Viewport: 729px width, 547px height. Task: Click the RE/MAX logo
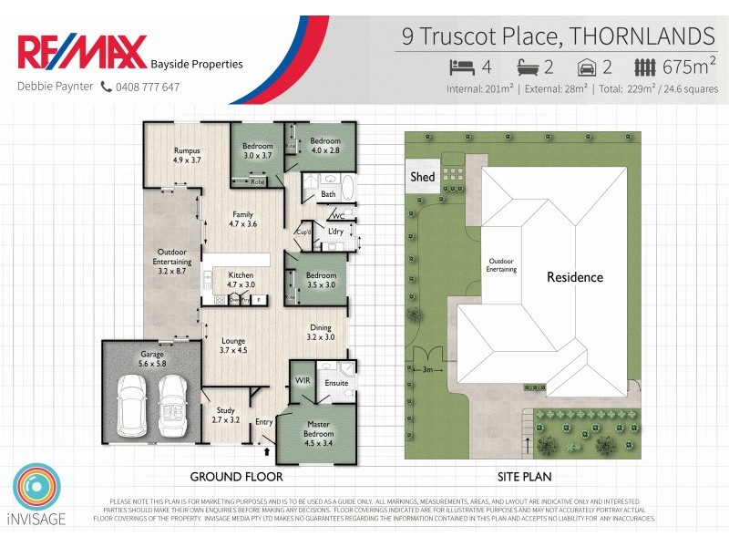pos(81,52)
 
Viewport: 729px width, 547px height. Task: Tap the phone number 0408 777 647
pos(146,88)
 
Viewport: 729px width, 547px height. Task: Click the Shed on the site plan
pos(423,177)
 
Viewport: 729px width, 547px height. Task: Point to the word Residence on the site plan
pos(574,277)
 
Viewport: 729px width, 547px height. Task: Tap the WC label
pos(338,216)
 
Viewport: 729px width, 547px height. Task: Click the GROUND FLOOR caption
pos(236,477)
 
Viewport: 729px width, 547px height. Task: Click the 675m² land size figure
pos(689,67)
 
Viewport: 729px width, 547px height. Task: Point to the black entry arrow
pos(267,449)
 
